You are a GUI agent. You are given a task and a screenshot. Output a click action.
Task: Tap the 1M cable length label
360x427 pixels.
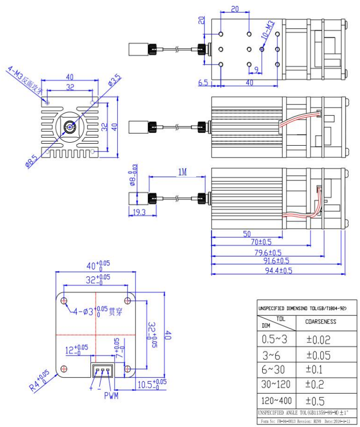tap(181, 172)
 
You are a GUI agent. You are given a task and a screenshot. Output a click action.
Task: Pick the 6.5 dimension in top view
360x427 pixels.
tap(203, 83)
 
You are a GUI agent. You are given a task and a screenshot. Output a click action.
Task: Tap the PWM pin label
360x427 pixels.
tap(111, 396)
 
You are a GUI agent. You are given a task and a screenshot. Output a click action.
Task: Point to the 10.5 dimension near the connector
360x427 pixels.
tap(150, 384)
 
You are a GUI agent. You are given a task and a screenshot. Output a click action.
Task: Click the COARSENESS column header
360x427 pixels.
tap(320, 322)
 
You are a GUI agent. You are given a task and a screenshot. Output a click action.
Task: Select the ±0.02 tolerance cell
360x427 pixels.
tap(318, 340)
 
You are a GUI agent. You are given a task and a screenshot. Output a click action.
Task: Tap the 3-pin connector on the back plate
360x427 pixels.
tap(102, 370)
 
